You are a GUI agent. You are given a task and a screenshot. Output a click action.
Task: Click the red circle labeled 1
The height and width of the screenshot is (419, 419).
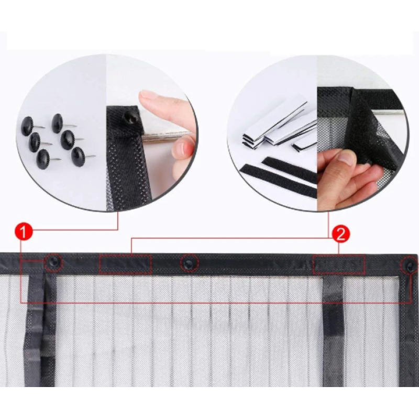pos(24,231)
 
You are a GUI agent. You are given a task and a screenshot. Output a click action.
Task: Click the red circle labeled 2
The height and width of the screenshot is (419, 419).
pos(341,234)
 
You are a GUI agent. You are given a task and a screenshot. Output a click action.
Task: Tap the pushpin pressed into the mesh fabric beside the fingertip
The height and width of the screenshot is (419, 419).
pos(129,117)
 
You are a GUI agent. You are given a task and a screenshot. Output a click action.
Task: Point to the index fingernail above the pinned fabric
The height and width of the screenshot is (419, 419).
pos(148,95)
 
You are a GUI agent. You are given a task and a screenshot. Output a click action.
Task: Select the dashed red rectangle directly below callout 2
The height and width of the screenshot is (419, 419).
pos(339,264)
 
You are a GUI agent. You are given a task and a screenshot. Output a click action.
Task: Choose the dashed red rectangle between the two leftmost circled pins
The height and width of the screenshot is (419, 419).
pos(125,264)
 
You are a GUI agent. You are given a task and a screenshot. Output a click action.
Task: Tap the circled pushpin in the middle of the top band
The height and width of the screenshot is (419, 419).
pos(190,263)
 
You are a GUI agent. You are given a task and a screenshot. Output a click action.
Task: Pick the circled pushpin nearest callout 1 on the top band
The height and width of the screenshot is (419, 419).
pos(53,262)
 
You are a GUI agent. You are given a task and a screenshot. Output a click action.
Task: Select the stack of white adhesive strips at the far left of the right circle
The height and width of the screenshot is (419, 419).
pos(272,126)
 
